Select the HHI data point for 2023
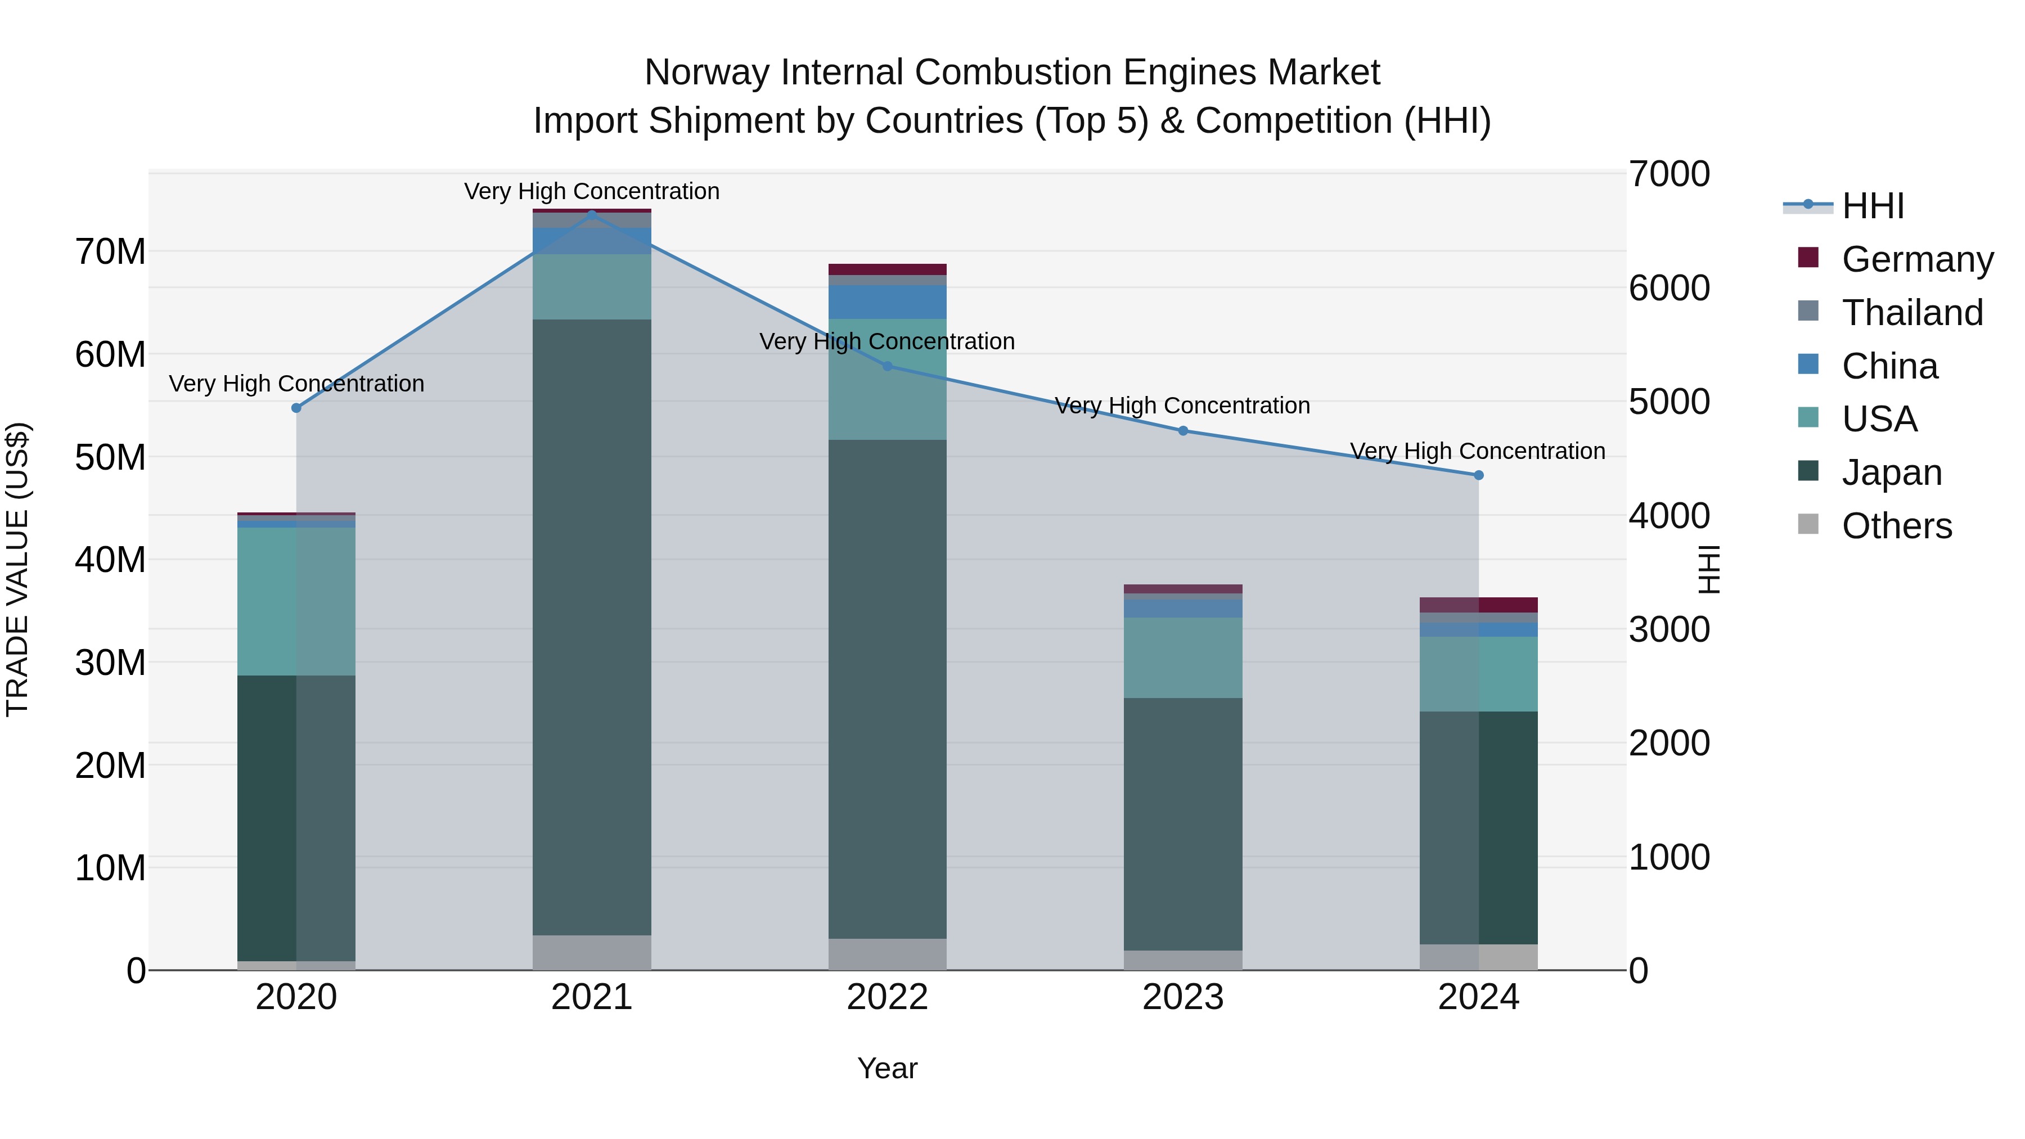(x=1183, y=431)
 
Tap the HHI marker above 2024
(x=1479, y=475)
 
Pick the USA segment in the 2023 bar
(x=1183, y=658)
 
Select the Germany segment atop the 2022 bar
(x=888, y=269)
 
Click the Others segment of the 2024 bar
(x=1479, y=957)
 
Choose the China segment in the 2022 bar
(x=888, y=302)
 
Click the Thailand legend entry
(x=1912, y=313)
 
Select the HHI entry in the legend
(x=1873, y=206)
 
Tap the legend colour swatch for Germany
(x=1808, y=258)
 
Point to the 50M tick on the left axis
(x=110, y=457)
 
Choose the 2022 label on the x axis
(x=888, y=997)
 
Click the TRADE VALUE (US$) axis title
(x=18, y=569)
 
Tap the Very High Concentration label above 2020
(x=296, y=384)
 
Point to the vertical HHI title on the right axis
(x=1707, y=569)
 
